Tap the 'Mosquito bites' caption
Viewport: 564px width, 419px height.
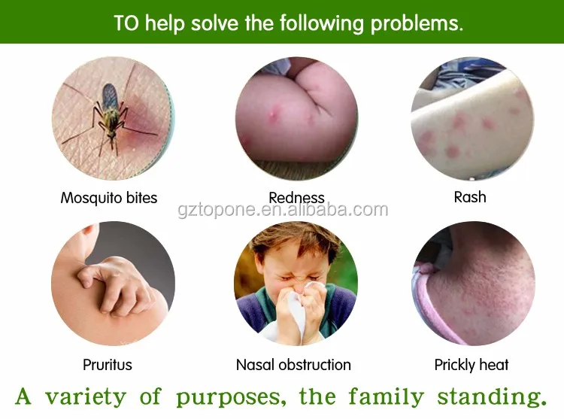click(109, 198)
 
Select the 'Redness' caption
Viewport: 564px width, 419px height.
click(296, 197)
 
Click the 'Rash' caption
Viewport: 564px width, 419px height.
click(470, 197)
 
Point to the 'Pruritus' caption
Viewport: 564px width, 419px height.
click(108, 365)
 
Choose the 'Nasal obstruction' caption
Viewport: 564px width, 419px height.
click(293, 365)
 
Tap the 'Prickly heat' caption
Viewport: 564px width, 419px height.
click(472, 365)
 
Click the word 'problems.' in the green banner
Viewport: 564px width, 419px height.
click(417, 24)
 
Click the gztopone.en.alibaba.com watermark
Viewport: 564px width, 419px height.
click(283, 210)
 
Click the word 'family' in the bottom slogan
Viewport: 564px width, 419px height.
click(387, 397)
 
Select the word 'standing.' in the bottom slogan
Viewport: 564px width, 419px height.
click(492, 396)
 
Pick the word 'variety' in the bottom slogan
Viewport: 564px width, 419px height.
click(86, 396)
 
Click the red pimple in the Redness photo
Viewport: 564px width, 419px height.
click(274, 111)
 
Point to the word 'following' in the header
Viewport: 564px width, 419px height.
click(322, 24)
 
